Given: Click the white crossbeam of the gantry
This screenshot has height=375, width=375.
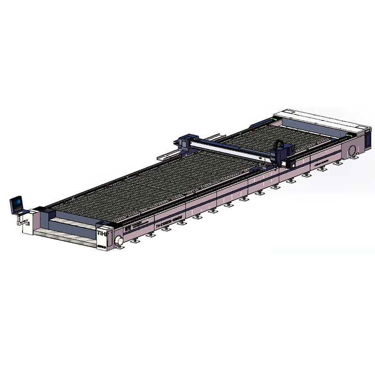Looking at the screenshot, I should pos(230,149).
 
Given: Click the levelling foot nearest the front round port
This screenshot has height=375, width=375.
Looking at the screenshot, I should pos(135,240).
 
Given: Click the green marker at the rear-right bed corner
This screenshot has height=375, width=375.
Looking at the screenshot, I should pos(347,135).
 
